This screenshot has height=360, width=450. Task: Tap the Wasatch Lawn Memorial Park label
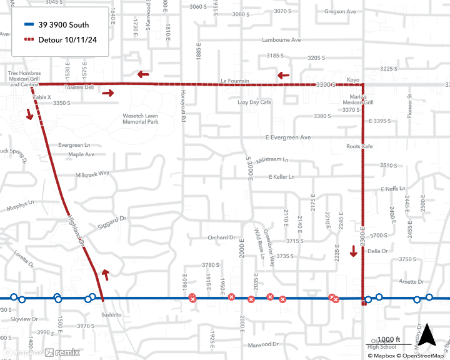[x=141, y=119]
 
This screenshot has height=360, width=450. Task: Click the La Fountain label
[x=235, y=81]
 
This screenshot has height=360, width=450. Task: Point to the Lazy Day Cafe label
[x=254, y=102]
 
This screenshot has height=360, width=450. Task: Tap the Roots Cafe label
[x=359, y=146]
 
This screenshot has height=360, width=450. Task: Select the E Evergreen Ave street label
[x=287, y=137]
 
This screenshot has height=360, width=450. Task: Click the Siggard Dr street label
[x=112, y=222]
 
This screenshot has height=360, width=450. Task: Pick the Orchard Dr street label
[x=221, y=237]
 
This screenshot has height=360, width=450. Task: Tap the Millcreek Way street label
[x=92, y=173]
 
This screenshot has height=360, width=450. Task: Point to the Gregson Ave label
[x=340, y=11]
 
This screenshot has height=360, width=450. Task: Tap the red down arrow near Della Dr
[x=354, y=251]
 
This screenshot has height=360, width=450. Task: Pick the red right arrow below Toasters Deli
[x=107, y=94]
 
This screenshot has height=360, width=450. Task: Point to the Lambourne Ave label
[x=281, y=40]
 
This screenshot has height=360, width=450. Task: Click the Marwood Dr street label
[x=262, y=344]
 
